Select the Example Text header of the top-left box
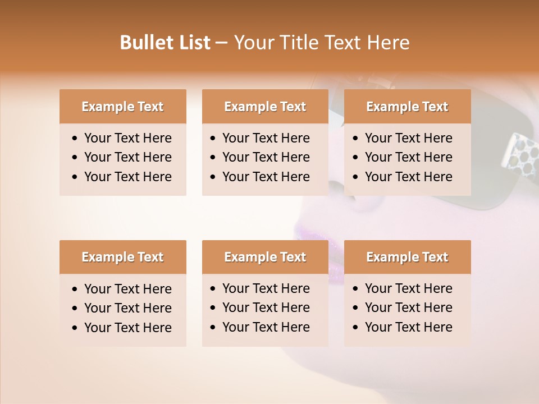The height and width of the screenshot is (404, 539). click(x=122, y=107)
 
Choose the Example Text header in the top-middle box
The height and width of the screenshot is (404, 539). click(x=265, y=107)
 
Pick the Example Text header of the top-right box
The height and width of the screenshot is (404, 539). click(x=407, y=107)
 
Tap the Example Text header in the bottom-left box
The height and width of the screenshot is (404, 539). click(x=122, y=257)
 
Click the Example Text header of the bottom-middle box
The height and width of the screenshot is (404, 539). click(x=265, y=257)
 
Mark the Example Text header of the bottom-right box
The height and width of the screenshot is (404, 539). click(x=407, y=257)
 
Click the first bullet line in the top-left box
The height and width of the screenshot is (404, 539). click(x=127, y=138)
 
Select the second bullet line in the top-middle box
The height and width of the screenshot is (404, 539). click(x=266, y=157)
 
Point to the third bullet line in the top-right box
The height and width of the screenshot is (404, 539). click(x=408, y=177)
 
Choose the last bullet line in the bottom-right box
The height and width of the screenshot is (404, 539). click(x=408, y=327)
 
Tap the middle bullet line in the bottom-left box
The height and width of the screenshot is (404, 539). click(x=127, y=308)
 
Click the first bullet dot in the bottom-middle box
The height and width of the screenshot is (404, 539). click(x=213, y=289)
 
